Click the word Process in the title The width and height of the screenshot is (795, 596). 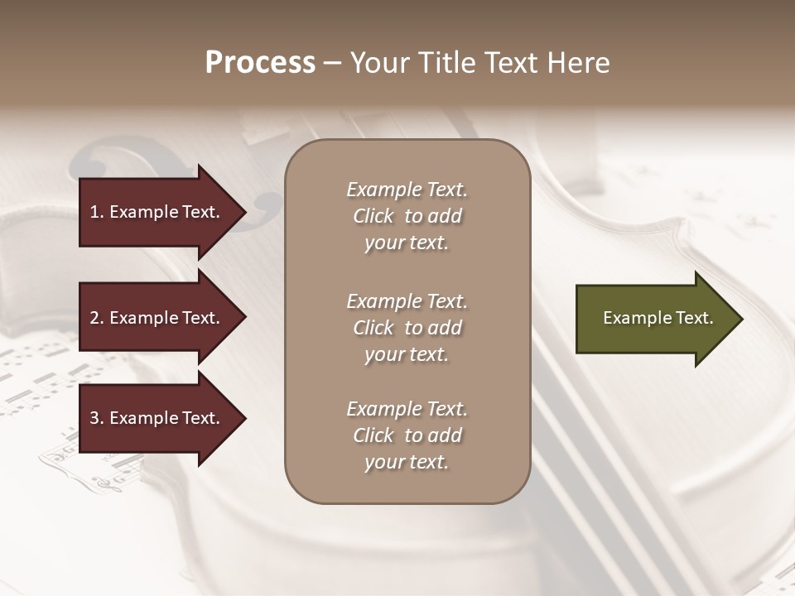click(x=260, y=63)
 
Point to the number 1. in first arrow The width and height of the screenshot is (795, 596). click(x=97, y=212)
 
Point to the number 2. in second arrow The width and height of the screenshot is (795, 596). click(x=97, y=318)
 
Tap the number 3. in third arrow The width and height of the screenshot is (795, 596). click(x=97, y=418)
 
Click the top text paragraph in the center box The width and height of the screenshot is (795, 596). click(x=407, y=216)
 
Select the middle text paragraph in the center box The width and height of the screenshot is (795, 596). click(x=407, y=328)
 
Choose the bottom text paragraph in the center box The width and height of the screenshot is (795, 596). click(x=407, y=435)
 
